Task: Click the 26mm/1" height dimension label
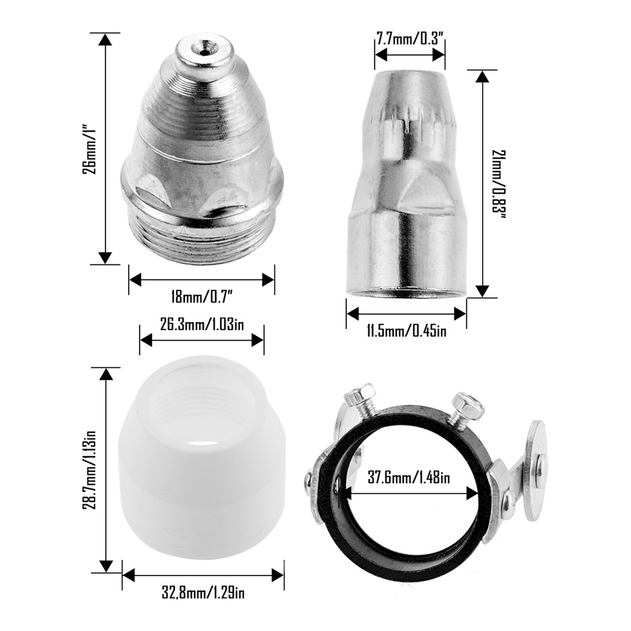[x=90, y=149]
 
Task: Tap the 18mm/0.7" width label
[x=203, y=298]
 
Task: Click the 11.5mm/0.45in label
[x=406, y=332]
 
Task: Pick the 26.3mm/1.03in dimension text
[x=202, y=324]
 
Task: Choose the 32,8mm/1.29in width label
[x=203, y=593]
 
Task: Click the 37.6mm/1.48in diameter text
[x=410, y=478]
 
